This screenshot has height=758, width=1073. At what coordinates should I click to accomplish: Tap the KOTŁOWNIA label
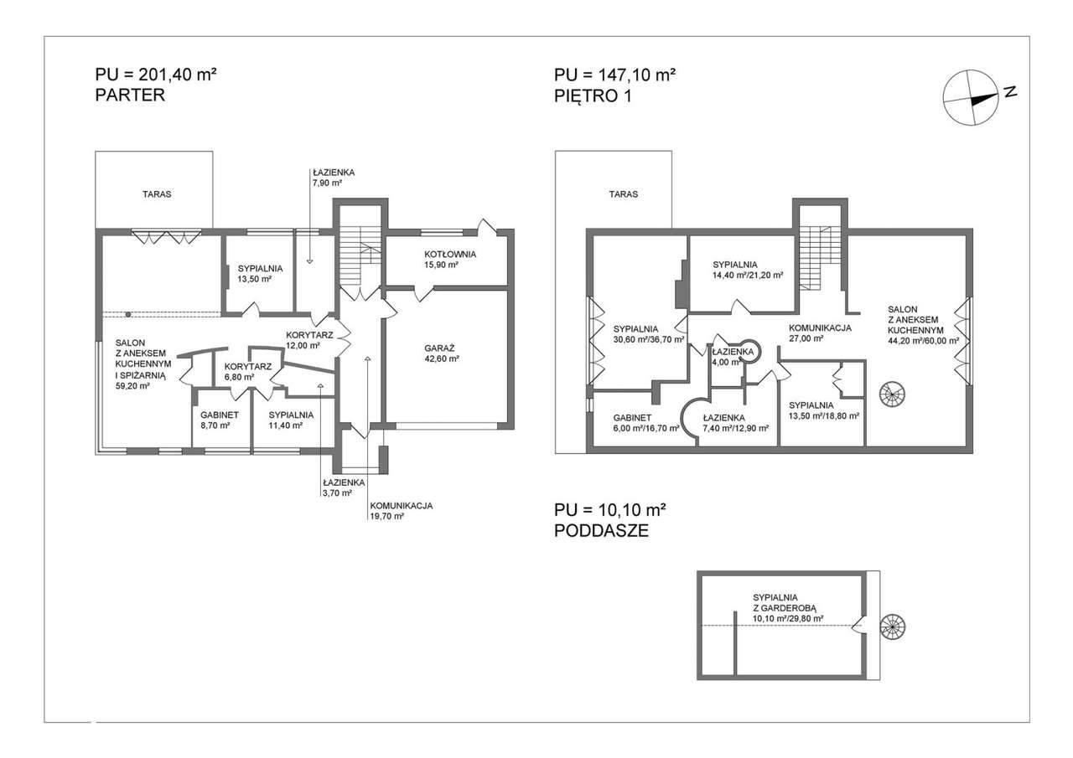click(x=450, y=254)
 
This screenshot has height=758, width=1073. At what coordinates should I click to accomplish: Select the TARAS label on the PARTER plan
click(x=157, y=194)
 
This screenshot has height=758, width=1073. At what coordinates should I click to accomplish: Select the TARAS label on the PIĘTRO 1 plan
click(x=623, y=194)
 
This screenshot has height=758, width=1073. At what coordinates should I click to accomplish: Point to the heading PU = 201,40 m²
click(x=156, y=75)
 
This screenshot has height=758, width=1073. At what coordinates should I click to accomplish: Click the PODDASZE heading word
click(x=601, y=531)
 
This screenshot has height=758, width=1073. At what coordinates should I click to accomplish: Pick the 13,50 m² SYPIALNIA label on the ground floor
click(x=260, y=274)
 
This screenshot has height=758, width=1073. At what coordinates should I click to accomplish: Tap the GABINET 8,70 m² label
click(x=220, y=420)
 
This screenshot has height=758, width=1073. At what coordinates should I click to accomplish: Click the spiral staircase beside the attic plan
click(x=892, y=626)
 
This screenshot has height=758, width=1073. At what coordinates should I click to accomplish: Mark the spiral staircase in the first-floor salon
click(x=892, y=394)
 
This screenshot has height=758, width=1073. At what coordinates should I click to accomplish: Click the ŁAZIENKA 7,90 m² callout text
click(x=334, y=178)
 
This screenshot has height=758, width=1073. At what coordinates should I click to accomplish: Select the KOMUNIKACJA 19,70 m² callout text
click(x=401, y=511)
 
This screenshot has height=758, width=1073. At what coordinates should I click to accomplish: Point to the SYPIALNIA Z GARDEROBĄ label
click(x=788, y=608)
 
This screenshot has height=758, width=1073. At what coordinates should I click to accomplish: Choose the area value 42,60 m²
click(x=442, y=358)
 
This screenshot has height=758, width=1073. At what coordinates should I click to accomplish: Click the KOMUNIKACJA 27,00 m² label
click(x=820, y=333)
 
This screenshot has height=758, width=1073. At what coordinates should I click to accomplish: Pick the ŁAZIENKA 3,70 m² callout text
click(x=344, y=487)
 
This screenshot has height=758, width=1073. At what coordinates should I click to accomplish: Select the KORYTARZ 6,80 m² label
click(x=247, y=371)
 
